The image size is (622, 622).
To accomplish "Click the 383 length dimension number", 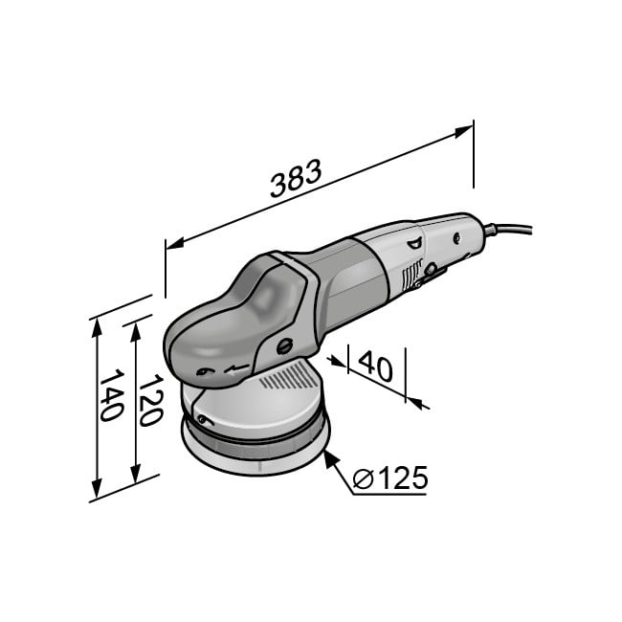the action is pos(296,179).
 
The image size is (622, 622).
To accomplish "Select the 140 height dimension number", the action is pos(111,394).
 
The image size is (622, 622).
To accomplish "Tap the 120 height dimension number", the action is pos(151,400).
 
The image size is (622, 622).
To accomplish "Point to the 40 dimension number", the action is pos(375,366).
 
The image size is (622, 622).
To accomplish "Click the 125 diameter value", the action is pos(403,478).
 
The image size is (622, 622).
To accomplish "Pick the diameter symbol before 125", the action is pos(363,478).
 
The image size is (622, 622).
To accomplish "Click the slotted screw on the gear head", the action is pos(285,346).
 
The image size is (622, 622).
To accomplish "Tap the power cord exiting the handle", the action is pos(508,230).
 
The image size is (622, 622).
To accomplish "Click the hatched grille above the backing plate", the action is pos(289,376).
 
